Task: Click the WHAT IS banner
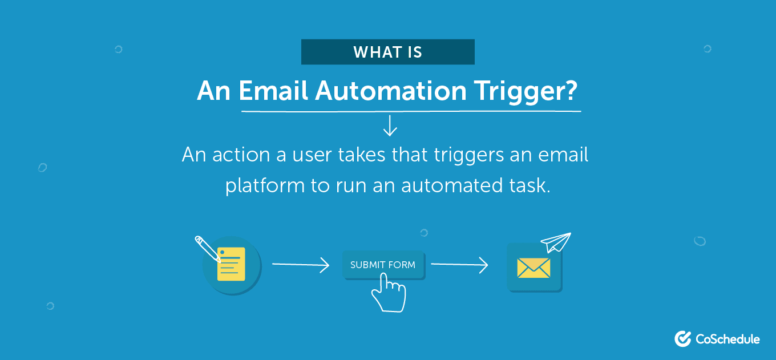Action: tap(388, 52)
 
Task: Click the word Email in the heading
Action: tap(273, 91)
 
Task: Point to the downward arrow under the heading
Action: tap(390, 126)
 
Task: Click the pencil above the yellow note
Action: tap(207, 248)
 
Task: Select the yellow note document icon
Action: tap(231, 264)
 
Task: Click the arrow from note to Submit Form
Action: tap(301, 265)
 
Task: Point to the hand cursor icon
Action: tap(389, 292)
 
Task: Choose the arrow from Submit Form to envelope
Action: tap(459, 265)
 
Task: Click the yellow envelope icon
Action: tap(533, 268)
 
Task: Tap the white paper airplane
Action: tap(556, 242)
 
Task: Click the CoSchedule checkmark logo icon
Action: tap(683, 339)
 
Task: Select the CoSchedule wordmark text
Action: tap(727, 339)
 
